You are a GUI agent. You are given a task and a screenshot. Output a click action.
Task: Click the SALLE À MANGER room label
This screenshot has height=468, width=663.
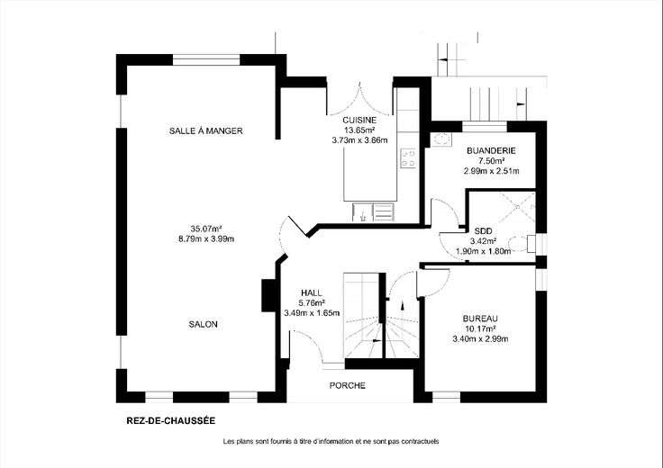(x=206, y=130)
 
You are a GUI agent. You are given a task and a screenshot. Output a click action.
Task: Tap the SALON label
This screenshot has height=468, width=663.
(x=203, y=324)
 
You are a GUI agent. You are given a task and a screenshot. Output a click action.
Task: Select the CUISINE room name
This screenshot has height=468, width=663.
(x=359, y=121)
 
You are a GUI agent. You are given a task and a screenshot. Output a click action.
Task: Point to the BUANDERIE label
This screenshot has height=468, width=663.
(x=491, y=150)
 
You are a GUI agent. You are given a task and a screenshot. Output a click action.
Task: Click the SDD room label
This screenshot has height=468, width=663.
(x=484, y=231)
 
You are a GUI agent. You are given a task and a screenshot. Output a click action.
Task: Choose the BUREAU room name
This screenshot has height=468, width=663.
(x=480, y=319)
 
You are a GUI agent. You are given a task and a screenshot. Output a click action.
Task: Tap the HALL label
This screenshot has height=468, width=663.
(x=312, y=292)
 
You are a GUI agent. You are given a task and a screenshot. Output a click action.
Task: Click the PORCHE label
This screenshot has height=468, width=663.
(x=348, y=385)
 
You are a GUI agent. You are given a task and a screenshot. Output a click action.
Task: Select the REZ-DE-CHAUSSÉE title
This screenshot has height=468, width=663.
(x=171, y=420)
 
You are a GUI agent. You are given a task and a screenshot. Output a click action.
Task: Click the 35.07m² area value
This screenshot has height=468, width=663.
(x=206, y=229)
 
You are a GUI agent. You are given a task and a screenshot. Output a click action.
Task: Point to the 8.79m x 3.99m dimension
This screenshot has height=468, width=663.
(x=206, y=239)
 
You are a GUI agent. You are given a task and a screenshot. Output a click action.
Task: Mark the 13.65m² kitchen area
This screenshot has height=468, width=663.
(x=359, y=130)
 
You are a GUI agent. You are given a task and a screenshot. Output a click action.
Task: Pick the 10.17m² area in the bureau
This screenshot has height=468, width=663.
(x=480, y=328)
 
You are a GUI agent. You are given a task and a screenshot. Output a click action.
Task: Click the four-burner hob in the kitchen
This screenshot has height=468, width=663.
(x=408, y=158)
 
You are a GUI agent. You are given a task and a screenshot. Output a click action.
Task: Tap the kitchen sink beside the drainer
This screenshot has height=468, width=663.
(x=362, y=212)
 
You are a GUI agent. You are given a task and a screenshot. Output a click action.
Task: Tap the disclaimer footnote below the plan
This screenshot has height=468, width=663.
(x=331, y=441)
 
